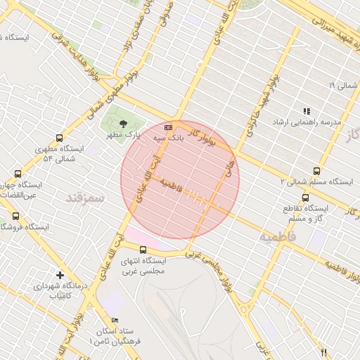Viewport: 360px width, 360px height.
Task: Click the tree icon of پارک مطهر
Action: (x=124, y=122)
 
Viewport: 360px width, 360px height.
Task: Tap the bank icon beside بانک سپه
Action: (x=168, y=127)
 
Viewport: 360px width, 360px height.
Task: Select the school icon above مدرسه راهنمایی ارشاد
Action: (x=307, y=111)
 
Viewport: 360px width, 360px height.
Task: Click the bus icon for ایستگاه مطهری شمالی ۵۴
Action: (x=58, y=138)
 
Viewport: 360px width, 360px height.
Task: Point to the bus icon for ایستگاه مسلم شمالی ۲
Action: (x=316, y=171)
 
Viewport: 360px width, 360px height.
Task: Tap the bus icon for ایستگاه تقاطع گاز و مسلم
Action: (x=305, y=198)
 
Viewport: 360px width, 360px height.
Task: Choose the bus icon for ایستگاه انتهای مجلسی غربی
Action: (x=143, y=250)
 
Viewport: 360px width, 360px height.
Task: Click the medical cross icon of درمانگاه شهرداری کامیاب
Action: (x=60, y=275)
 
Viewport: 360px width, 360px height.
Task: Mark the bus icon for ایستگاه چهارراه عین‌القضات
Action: (x=16, y=172)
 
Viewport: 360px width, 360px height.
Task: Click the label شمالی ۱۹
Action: (x=342, y=86)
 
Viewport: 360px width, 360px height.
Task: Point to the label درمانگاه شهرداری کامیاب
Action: (x=59, y=292)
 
